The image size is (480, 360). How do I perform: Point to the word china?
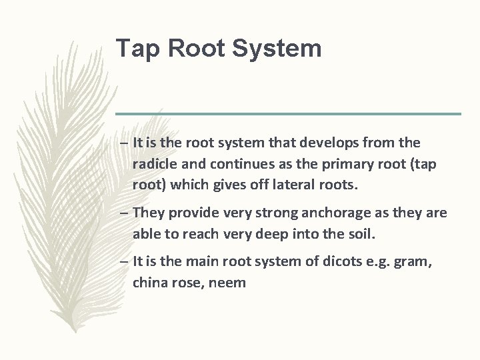151,283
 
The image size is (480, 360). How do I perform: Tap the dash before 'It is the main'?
125,262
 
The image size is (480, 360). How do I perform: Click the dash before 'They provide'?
125,213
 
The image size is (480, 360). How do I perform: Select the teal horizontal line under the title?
288,114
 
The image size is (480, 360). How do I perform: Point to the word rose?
190,283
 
